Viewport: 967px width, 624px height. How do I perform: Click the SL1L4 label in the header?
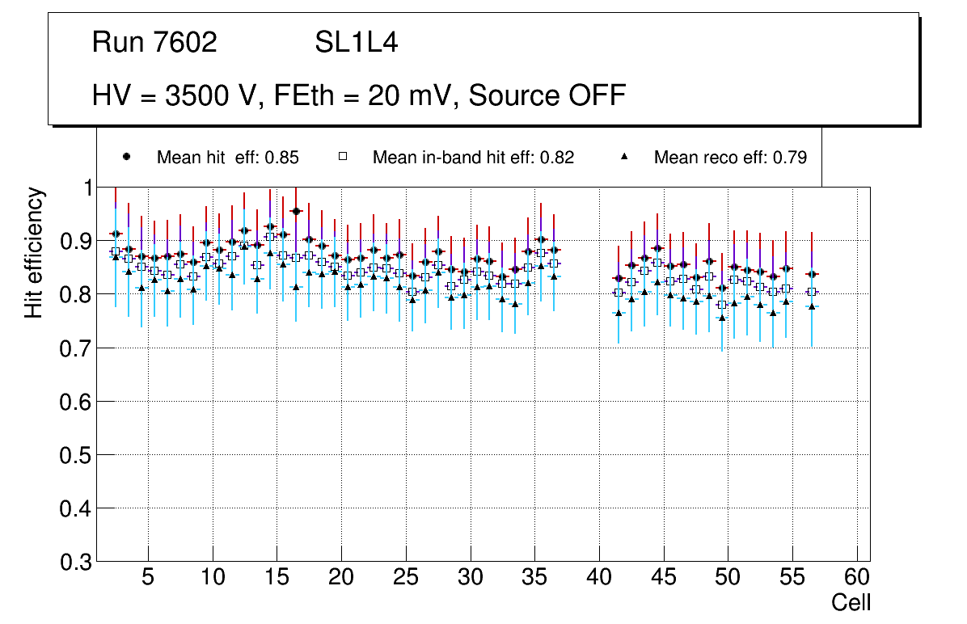click(356, 43)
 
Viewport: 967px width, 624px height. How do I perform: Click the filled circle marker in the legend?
click(127, 157)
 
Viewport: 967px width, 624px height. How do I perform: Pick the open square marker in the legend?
click(342, 157)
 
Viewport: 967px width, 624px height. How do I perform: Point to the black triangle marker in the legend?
click(624, 157)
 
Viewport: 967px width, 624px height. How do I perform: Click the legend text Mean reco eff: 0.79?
click(730, 158)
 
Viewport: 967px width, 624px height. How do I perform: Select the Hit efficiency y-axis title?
click(34, 253)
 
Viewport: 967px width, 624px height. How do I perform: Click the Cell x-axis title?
click(851, 602)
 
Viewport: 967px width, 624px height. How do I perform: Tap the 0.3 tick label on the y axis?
click(77, 563)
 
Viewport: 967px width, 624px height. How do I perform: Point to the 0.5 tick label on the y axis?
click(77, 455)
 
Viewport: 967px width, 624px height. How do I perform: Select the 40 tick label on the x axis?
click(599, 578)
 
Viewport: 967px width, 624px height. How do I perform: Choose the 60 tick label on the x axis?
click(857, 578)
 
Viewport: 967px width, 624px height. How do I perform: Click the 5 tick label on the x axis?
click(148, 578)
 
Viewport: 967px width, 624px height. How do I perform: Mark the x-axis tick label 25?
click(406, 578)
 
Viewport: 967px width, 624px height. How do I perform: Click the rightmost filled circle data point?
click(812, 274)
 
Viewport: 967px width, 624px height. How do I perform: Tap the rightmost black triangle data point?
click(812, 306)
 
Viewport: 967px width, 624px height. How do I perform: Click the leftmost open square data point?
click(116, 251)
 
